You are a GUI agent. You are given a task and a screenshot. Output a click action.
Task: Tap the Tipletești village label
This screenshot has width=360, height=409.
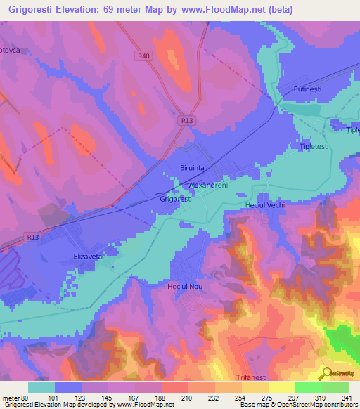click(314, 146)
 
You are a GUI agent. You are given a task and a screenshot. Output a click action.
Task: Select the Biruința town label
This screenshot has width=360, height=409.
click(192, 169)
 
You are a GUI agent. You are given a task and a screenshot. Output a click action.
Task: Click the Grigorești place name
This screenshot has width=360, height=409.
click(176, 200)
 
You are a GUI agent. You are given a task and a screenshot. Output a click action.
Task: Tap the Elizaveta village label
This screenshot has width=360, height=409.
click(89, 257)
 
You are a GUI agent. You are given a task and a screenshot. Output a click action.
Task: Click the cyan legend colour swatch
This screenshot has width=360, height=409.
click(41, 387)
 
